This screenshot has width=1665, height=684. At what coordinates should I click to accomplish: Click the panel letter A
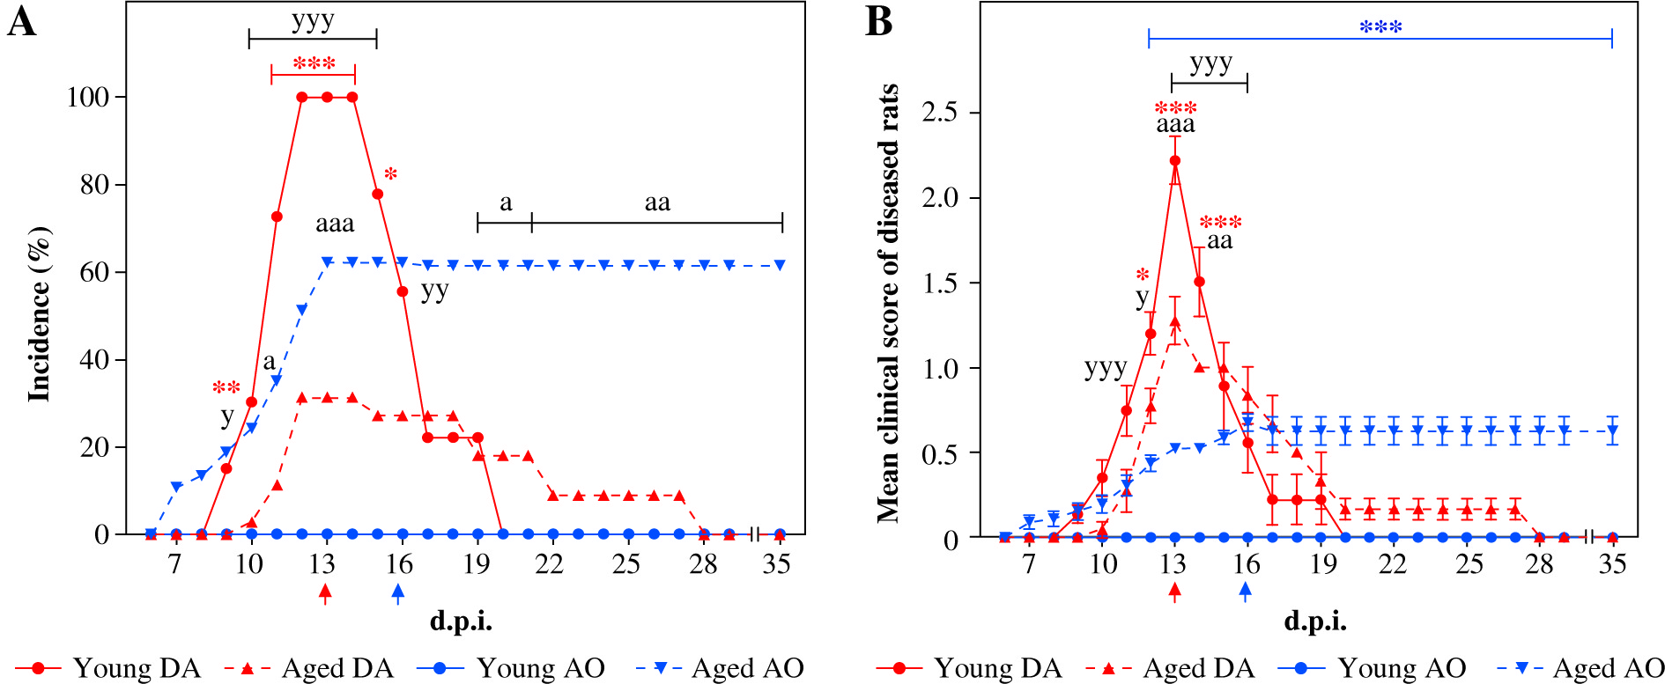coord(21,22)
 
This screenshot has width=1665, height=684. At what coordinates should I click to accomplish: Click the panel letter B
coord(879,22)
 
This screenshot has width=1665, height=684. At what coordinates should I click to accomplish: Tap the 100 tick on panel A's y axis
coord(88,97)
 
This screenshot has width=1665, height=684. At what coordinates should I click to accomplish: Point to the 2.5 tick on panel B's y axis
coord(939,113)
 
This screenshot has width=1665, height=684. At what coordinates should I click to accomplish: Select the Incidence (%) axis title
coord(39,314)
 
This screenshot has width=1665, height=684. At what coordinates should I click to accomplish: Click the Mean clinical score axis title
coord(887,304)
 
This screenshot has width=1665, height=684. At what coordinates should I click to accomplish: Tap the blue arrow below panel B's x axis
coord(1245,592)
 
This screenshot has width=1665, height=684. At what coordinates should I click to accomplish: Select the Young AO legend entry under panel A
coord(511,668)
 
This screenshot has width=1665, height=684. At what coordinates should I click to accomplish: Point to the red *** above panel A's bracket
coord(314,64)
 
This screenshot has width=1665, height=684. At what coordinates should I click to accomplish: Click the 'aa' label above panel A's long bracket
coord(657,203)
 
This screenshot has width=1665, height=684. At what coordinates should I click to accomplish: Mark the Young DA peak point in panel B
coord(1175,160)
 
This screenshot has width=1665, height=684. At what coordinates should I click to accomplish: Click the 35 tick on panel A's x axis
coord(776,563)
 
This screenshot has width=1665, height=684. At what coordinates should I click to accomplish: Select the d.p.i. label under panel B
coord(1314,621)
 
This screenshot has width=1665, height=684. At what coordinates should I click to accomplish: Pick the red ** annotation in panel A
coord(226,388)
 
